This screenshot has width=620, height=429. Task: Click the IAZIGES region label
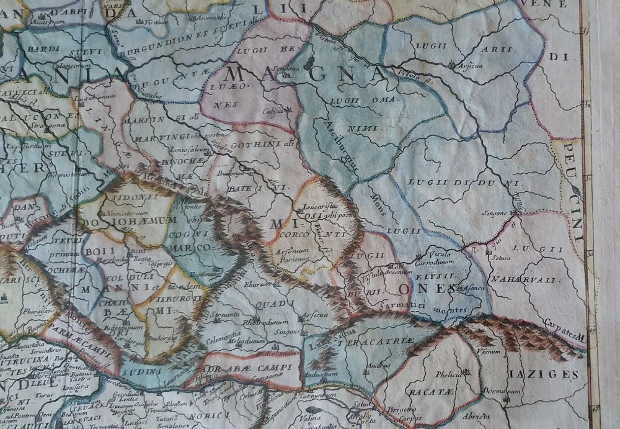pos(554,374)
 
